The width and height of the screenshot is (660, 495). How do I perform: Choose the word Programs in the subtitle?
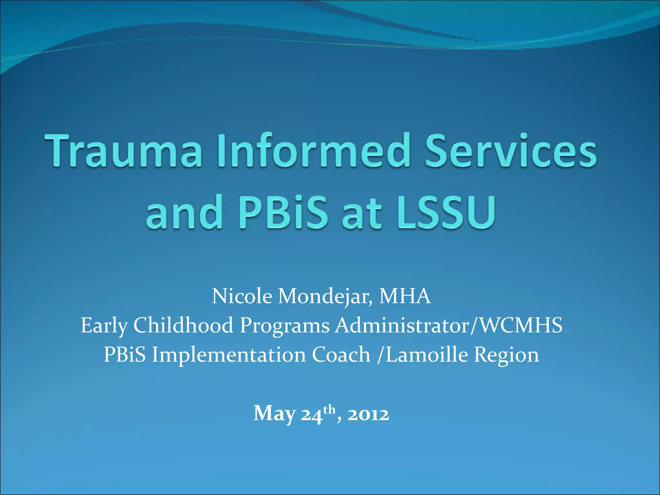pyautogui.click(x=285, y=325)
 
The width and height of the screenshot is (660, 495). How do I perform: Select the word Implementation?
pyautogui.click(x=229, y=355)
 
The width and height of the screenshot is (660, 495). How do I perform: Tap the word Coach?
pyautogui.click(x=341, y=354)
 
